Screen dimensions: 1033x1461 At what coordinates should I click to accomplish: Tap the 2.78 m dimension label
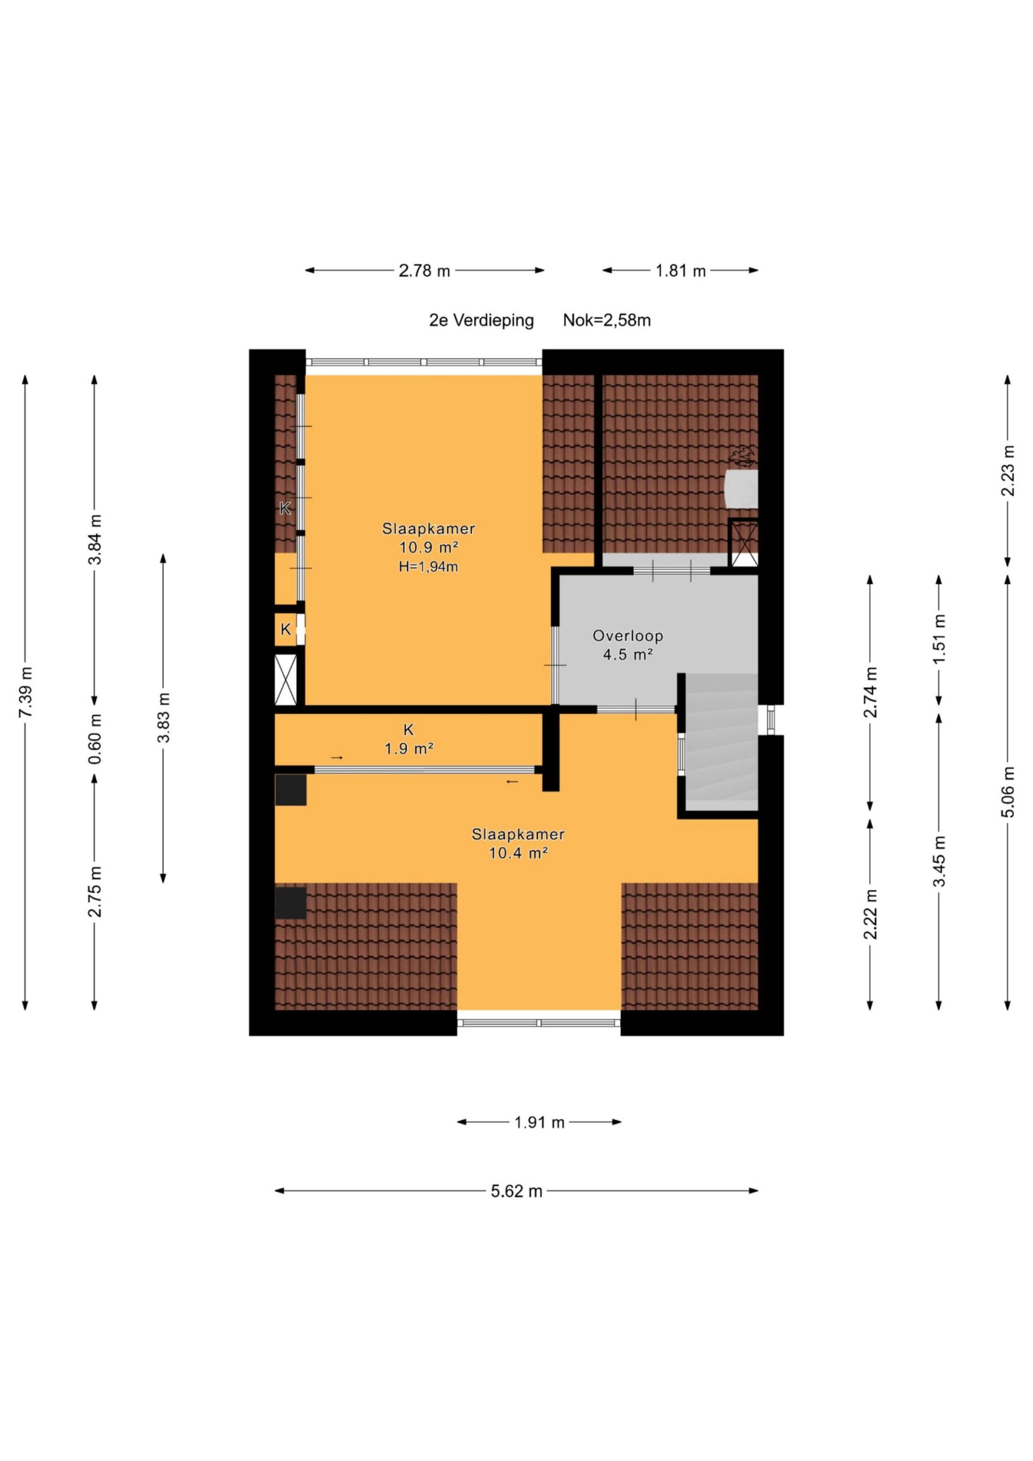click(x=424, y=271)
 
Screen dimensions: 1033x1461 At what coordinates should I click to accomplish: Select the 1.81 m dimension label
click(x=680, y=271)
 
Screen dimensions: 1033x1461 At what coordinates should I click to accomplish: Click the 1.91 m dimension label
click(x=539, y=1123)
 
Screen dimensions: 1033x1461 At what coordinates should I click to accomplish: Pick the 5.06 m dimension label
click(x=1007, y=792)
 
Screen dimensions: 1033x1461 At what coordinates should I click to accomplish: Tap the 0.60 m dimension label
click(x=95, y=740)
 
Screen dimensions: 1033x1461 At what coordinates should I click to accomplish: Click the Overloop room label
click(x=628, y=636)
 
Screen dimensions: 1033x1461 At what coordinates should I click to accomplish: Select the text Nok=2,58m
click(x=607, y=320)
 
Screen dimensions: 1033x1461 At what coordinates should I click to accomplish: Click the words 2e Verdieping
click(x=481, y=321)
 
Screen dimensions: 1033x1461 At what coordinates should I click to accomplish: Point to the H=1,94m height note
click(x=429, y=566)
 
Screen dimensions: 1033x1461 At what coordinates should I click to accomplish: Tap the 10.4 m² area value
click(x=518, y=853)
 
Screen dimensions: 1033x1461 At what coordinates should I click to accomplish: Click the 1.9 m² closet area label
click(x=409, y=749)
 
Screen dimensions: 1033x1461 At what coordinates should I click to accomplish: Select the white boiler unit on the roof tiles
click(x=741, y=489)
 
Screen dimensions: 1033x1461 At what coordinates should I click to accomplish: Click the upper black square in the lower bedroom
click(x=291, y=790)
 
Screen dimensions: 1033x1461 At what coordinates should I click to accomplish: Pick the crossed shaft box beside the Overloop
click(x=744, y=543)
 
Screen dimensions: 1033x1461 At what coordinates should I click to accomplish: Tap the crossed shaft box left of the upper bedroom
click(x=286, y=680)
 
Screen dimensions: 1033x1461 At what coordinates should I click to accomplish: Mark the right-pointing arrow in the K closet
click(x=337, y=757)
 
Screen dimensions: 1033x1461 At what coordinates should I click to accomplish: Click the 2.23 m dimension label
click(x=1007, y=471)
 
